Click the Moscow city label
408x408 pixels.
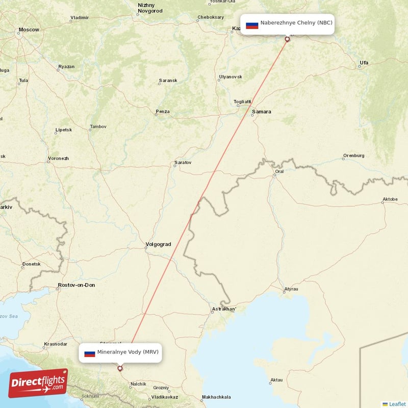click(29, 30)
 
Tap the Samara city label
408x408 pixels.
click(262, 112)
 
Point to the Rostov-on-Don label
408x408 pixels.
click(76, 285)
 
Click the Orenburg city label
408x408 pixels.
click(354, 155)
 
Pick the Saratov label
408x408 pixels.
click(183, 163)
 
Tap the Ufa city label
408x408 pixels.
click(364, 63)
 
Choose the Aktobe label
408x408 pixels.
click(390, 199)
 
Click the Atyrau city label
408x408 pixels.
click(291, 289)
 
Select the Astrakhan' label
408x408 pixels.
click(224, 309)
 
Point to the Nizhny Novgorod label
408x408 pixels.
click(150, 8)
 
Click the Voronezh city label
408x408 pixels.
click(58, 158)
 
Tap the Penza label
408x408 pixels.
click(163, 111)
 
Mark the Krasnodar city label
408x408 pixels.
click(56, 344)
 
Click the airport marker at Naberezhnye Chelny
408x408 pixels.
click(287, 39)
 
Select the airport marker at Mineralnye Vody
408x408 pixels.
click(120, 368)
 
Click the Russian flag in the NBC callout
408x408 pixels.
click(252, 24)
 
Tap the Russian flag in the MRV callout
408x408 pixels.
click(90, 353)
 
